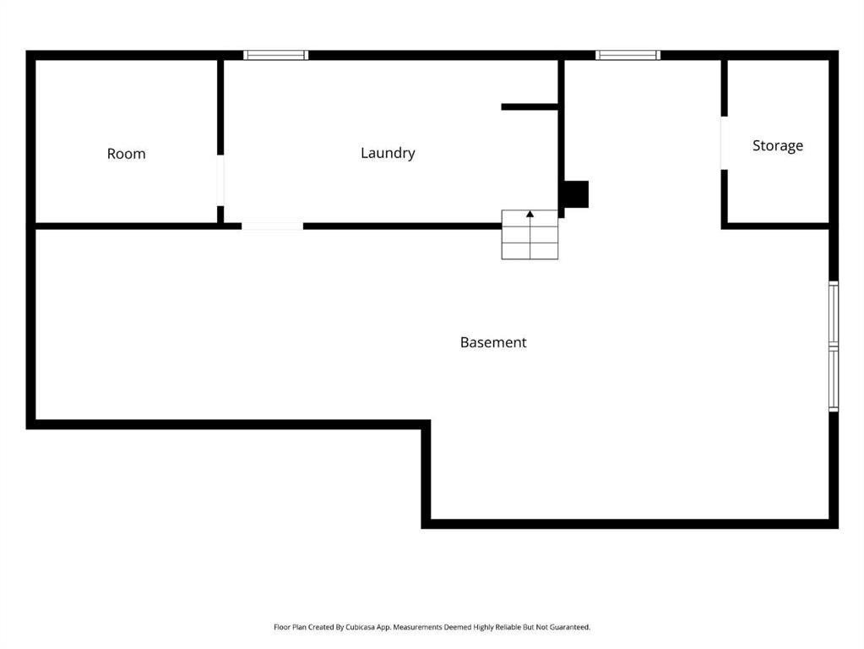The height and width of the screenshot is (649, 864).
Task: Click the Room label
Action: click(126, 153)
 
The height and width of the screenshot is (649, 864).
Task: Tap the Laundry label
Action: click(388, 153)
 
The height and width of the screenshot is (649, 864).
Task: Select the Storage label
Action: click(778, 145)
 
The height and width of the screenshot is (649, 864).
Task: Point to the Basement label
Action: click(493, 342)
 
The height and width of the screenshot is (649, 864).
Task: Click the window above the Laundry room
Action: click(275, 55)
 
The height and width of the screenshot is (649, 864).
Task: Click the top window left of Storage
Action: click(628, 55)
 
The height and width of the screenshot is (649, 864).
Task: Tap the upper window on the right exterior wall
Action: click(834, 314)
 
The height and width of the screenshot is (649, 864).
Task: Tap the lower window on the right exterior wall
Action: click(834, 379)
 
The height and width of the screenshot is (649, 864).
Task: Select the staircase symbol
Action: click(530, 234)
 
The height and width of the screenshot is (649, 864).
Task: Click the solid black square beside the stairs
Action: click(576, 194)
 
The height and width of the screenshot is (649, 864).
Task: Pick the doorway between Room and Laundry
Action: click(220, 180)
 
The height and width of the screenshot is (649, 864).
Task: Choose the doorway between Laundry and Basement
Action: click(272, 226)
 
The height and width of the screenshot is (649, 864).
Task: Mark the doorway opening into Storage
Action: click(724, 144)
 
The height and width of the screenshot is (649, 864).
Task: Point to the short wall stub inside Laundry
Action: click(530, 107)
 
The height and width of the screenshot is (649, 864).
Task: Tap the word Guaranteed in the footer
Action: click(572, 627)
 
